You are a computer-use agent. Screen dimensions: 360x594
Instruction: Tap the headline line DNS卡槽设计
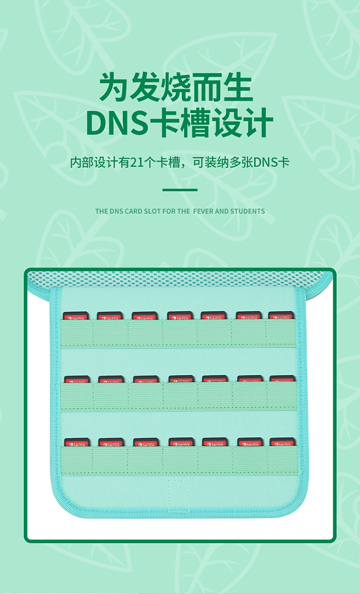tap(180, 123)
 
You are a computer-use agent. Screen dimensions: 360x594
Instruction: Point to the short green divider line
tap(180, 190)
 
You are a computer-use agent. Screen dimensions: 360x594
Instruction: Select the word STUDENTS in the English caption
tap(248, 211)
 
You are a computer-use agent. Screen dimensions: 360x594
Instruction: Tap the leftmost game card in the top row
tap(76, 316)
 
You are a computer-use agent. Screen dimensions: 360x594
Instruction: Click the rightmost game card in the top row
tap(281, 316)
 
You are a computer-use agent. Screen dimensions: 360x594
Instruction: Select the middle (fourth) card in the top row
tap(180, 316)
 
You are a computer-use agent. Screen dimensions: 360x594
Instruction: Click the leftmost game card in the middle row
tap(77, 379)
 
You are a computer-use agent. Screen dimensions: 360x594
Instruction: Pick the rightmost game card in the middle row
tap(282, 379)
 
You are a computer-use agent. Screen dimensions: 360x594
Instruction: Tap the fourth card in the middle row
tap(181, 379)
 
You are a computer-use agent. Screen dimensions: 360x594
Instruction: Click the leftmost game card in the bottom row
tap(76, 442)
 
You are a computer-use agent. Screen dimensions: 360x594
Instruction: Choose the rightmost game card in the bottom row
tap(282, 442)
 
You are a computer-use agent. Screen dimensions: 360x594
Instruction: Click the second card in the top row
tap(110, 316)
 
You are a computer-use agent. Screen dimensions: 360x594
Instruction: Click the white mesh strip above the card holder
tap(180, 278)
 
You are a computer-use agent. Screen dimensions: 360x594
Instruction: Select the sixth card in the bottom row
tap(250, 442)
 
